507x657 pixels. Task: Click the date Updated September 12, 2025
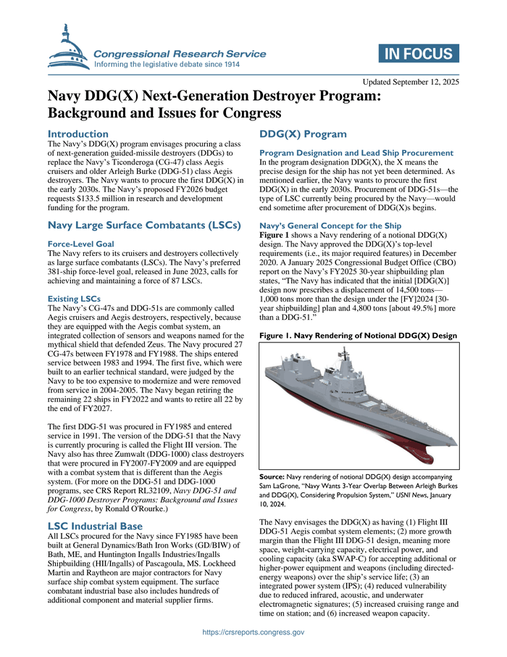(x=411, y=82)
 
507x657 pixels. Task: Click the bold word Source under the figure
(x=273, y=475)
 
